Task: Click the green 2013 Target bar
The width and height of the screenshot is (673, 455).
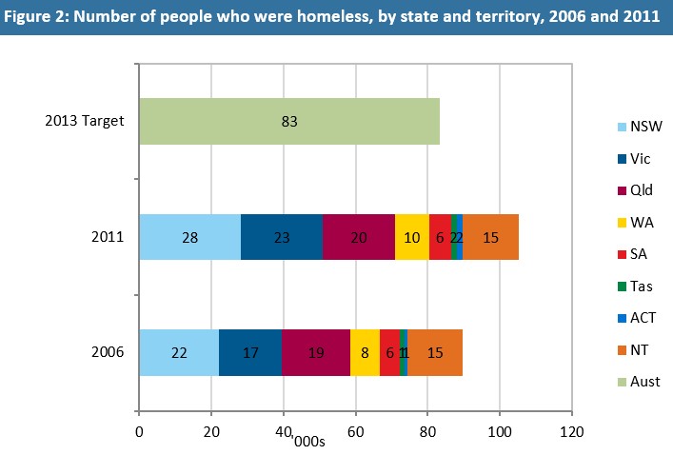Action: (x=289, y=121)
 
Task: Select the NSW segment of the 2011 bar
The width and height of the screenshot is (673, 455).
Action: (x=189, y=237)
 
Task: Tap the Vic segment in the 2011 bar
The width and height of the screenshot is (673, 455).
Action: (x=281, y=237)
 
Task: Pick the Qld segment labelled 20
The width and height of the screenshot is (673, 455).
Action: (x=358, y=237)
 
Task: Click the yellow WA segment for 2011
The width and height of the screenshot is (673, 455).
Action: (x=411, y=237)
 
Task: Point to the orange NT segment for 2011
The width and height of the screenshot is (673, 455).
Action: (x=490, y=237)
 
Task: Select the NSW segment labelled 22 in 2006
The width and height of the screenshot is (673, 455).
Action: (x=179, y=352)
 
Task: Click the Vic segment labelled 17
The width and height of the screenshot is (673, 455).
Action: (x=250, y=352)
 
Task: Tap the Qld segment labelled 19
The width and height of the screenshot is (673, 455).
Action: (x=315, y=352)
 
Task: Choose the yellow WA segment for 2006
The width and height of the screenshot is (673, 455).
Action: (x=365, y=352)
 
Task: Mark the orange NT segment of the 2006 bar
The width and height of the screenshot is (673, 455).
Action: (x=435, y=352)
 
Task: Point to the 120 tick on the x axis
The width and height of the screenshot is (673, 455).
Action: (x=571, y=431)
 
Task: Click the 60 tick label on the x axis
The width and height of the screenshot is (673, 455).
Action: (x=355, y=431)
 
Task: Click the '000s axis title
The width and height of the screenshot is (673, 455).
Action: (x=308, y=441)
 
